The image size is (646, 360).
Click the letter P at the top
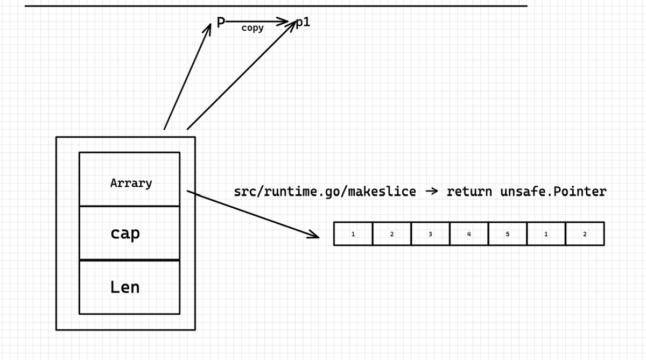(221, 23)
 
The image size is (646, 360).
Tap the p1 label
(303, 22)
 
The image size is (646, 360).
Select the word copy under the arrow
(252, 28)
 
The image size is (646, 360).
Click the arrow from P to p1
(257, 22)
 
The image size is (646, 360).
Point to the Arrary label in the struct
(131, 183)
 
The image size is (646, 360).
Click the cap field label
(125, 233)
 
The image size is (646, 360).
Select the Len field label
(125, 287)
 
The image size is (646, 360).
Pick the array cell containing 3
(430, 234)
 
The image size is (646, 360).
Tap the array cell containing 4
(469, 234)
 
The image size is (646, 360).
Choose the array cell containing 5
(508, 234)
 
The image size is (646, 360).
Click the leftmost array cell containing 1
(353, 234)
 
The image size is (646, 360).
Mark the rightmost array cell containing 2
(585, 234)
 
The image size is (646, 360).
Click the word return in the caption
(469, 192)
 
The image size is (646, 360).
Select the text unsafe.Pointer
(553, 192)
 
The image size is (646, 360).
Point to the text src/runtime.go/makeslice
(325, 192)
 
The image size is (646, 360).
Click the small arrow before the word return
(432, 191)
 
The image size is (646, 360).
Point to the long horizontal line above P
(276, 6)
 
